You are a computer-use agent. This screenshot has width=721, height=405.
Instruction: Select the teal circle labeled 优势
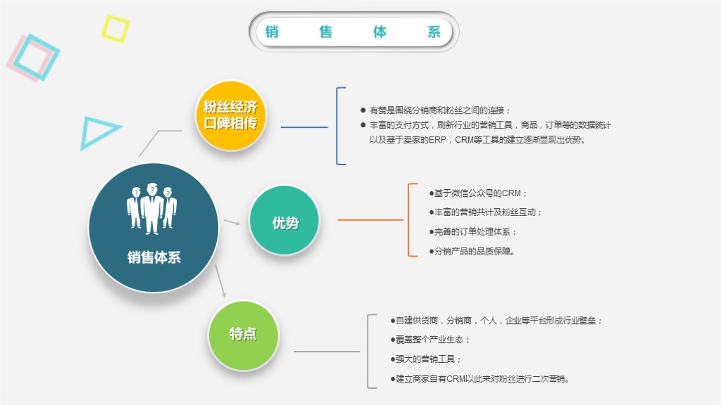click(x=284, y=221)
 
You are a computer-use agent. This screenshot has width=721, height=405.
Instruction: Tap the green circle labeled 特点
click(x=243, y=335)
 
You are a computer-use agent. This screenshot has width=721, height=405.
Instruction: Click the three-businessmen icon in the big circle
click(x=151, y=207)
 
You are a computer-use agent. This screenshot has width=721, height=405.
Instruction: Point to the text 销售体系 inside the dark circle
click(x=153, y=257)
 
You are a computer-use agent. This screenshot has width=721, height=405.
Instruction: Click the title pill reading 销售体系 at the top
click(x=353, y=32)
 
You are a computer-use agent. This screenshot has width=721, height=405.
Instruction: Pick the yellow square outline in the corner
click(x=115, y=28)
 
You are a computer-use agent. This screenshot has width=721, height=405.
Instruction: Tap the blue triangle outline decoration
click(x=96, y=132)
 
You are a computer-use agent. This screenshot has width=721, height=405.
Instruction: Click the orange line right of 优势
click(x=370, y=220)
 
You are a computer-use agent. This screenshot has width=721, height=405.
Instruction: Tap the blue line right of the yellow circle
click(x=304, y=127)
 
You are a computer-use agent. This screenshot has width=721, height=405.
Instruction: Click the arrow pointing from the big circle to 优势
click(x=232, y=222)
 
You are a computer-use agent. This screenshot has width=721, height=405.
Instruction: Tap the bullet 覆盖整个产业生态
click(x=431, y=340)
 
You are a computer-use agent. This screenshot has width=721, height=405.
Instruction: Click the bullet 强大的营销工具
click(x=427, y=359)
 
